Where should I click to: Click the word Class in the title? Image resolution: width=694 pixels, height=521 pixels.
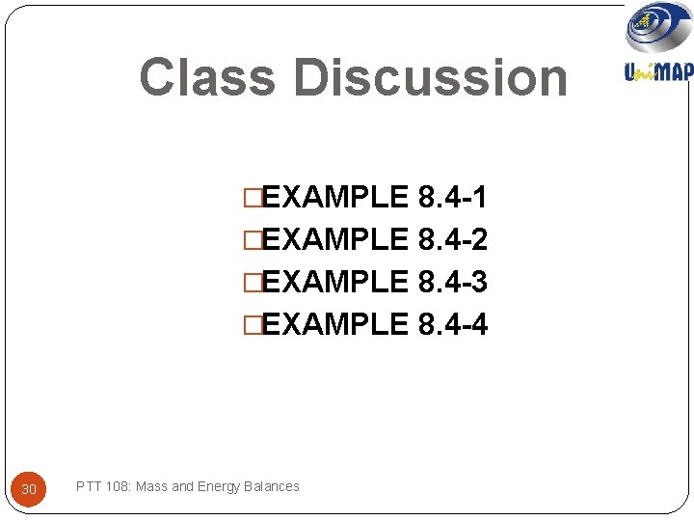206,78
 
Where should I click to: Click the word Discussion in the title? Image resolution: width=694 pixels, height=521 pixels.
430,78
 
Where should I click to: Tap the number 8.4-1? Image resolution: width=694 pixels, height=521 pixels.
453,198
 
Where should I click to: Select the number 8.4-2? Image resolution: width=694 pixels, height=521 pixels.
453,239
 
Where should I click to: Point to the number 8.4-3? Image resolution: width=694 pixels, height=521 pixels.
453,282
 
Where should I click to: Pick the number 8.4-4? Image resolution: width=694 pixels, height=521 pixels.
453,324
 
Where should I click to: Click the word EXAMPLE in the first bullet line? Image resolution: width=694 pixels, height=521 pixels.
335,198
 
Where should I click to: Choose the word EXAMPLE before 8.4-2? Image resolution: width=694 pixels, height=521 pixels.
335,239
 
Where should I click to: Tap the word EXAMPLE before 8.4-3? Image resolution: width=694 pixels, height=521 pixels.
335,282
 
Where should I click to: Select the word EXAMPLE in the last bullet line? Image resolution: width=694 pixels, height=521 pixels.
335,324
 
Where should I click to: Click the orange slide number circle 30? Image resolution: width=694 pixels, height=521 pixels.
29,489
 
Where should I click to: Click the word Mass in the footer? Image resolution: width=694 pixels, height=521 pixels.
151,486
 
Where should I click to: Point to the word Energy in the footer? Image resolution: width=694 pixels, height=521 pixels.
220,486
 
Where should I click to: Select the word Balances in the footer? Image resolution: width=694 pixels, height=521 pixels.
272,486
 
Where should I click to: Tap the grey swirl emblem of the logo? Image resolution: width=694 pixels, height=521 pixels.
658,27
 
